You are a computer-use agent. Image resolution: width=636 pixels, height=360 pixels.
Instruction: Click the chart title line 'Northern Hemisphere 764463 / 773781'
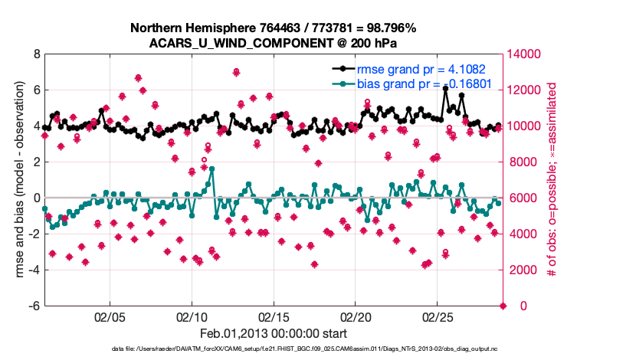pyautogui.click(x=273, y=28)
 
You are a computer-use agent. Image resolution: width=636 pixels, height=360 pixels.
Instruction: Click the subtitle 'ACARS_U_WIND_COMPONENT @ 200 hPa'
pyautogui.click(x=273, y=43)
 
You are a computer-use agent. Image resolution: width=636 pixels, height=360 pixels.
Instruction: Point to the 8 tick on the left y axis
pyautogui.click(x=36, y=54)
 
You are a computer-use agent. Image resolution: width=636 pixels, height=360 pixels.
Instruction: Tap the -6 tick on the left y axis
pyautogui.click(x=34, y=306)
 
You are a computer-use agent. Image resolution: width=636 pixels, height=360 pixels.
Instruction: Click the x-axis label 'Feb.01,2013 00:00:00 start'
pyautogui.click(x=273, y=333)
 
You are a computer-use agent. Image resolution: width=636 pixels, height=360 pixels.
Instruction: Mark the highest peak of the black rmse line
pyautogui.click(x=445, y=89)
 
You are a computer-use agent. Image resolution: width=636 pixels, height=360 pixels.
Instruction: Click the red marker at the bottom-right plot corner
pyautogui.click(x=503, y=306)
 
